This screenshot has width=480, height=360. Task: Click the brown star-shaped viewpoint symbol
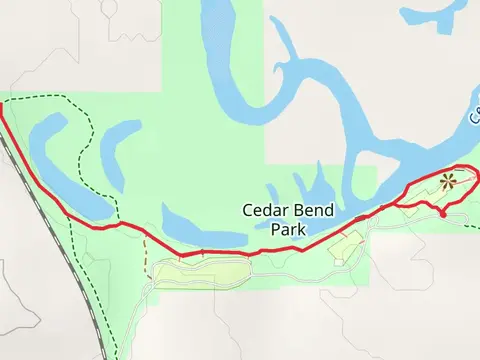click(447, 181)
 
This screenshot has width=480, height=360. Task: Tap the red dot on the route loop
click(442, 212)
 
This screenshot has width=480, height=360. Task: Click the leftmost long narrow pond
click(60, 165)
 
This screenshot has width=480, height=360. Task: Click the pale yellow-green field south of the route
click(200, 270)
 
